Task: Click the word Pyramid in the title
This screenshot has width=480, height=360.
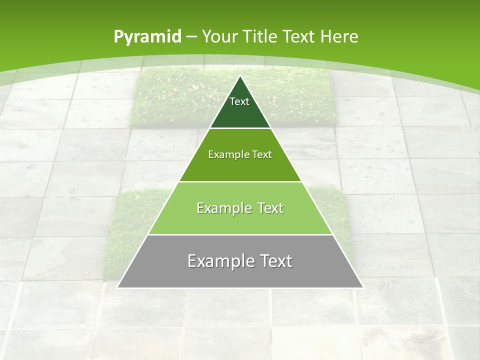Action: pos(147,37)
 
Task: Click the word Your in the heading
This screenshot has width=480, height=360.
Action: pos(219,36)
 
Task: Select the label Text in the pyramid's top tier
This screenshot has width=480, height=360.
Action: pos(239,101)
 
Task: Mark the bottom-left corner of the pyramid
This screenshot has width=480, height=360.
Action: pos(117,287)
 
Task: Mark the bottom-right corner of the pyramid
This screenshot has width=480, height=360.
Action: pos(362,287)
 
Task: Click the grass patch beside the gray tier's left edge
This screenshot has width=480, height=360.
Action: pos(120,250)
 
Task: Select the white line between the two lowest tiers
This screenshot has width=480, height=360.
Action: pos(240,234)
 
